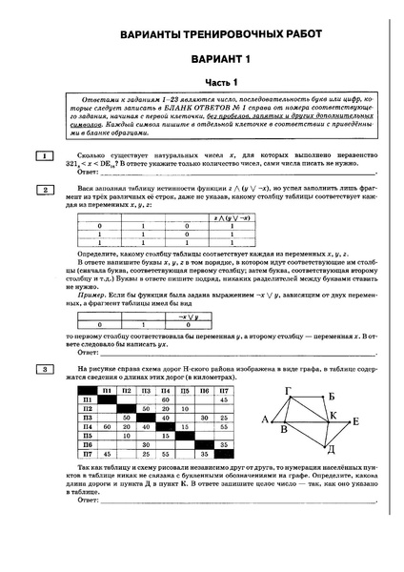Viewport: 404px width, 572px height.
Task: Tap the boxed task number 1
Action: [44, 153]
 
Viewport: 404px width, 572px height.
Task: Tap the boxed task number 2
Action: [44, 190]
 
